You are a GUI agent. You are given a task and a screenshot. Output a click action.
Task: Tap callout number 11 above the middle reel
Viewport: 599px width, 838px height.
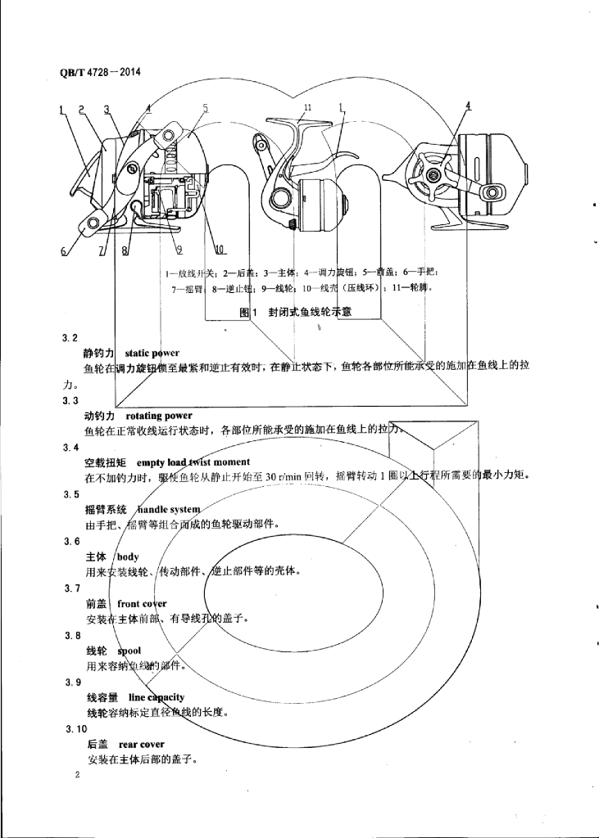[308, 108]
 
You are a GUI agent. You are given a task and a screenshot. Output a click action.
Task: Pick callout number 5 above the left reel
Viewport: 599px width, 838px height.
[205, 108]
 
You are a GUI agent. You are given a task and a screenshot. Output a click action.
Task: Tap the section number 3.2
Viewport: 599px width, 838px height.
[70, 337]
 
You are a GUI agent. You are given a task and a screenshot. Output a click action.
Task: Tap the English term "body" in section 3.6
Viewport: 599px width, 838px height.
[128, 556]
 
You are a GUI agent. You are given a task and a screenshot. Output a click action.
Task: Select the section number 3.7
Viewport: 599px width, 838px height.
[70, 588]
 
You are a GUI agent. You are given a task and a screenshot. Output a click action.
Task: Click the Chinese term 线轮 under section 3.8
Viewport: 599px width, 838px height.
[97, 651]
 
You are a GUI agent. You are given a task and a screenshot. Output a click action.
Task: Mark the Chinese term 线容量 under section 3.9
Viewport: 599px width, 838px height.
[102, 697]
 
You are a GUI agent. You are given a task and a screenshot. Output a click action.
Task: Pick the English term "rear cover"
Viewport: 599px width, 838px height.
[141, 745]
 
